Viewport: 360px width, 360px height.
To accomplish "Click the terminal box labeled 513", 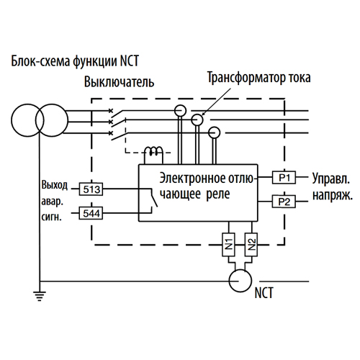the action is (91, 189).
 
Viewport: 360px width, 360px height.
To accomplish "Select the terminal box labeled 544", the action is (91, 213).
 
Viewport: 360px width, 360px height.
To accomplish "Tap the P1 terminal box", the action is (284, 177).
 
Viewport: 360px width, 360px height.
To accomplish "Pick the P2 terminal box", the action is (284, 202).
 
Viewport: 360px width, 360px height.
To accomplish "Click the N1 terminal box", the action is (229, 245).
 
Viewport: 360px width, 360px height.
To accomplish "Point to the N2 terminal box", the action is (251, 245).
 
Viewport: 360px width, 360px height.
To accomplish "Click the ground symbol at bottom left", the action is (40, 296).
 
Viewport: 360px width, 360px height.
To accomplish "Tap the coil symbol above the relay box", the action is (153, 151).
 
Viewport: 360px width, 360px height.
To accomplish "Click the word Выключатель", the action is (119, 82).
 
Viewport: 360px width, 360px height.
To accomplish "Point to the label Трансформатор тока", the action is (259, 78).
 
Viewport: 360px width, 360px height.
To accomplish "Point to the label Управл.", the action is (331, 179).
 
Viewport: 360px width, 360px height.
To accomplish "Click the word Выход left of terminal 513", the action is (55, 185).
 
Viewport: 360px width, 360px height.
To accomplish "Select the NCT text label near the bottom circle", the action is (264, 293).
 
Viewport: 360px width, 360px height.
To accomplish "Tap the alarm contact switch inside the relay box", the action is (154, 198).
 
